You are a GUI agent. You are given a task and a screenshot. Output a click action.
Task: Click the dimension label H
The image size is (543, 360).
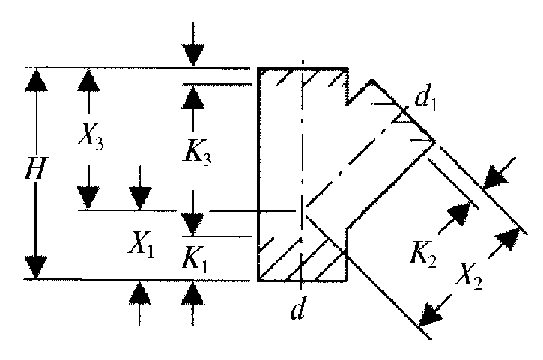[36, 168]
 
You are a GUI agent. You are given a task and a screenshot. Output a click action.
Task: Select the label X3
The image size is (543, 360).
[90, 135]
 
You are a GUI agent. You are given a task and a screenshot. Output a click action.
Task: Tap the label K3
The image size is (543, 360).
[197, 153]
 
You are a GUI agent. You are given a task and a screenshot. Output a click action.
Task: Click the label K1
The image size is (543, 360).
[195, 260]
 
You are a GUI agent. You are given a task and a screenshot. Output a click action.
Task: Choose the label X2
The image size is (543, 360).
[468, 277]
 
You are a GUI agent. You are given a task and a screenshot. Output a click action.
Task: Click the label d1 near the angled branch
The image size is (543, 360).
[425, 98]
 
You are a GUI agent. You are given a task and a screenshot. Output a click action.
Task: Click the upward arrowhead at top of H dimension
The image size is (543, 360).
[36, 80]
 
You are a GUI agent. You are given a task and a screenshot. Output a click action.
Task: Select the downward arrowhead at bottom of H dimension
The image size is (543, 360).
[36, 267]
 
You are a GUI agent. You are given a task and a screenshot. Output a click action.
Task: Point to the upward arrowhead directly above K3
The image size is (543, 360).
[192, 97]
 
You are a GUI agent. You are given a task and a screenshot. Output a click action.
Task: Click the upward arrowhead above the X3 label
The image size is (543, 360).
[88, 80]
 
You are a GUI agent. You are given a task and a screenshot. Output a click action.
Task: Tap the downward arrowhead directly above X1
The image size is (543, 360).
[140, 198]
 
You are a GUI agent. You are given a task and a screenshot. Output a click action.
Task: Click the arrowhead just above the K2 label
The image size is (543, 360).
[460, 213]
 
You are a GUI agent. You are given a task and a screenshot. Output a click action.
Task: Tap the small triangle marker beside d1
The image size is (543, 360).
[401, 117]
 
